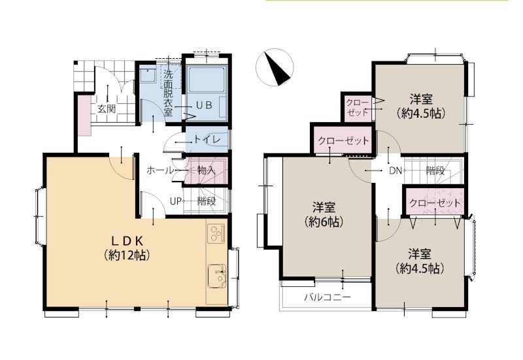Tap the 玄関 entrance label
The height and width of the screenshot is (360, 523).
coord(107,108)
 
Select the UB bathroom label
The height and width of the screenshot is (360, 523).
coord(204,105)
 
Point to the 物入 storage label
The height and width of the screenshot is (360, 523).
coord(206,171)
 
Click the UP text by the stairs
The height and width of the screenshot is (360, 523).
coord(175,201)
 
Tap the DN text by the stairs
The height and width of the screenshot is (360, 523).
coord(396,171)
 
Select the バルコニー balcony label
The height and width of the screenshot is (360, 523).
coord(328,297)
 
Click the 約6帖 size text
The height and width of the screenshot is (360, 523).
coord(324,221)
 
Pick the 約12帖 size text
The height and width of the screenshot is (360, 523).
coord(126,255)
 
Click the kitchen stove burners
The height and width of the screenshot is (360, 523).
coord(216,234)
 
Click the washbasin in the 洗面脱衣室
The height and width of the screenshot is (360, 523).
coord(146,75)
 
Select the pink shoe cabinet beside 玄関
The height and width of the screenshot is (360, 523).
coord(85,116)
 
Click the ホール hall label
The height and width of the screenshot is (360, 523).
coord(160,171)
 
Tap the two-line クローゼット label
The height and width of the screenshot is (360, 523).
coord(358,106)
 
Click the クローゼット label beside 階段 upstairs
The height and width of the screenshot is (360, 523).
coord(435,203)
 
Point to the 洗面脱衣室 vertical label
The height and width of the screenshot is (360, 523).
coord(169,93)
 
